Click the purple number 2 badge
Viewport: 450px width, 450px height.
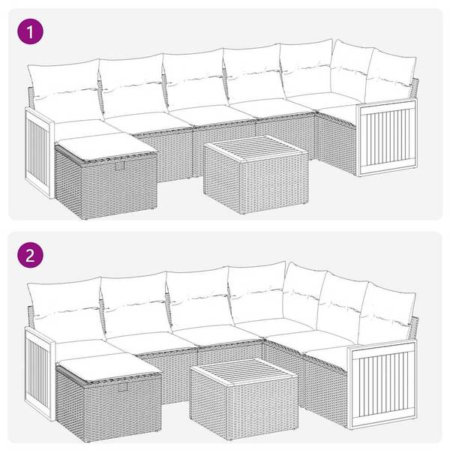[x=29, y=254]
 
